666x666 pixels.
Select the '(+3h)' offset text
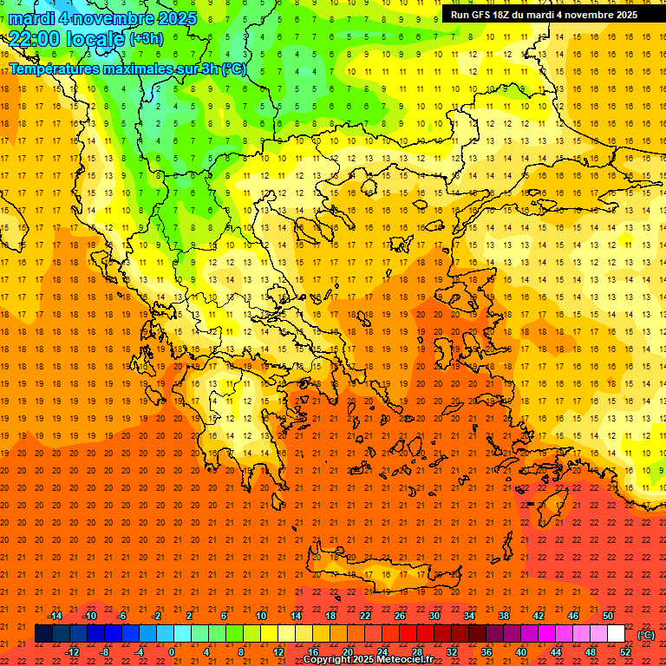click(146, 39)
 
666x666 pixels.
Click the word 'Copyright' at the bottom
click(327, 659)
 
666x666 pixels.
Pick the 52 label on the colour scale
click(625, 652)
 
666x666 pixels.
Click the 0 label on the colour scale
click(173, 652)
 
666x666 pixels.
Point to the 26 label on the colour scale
click(400, 616)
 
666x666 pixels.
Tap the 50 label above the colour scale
click(608, 616)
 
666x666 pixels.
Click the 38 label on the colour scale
click(504, 616)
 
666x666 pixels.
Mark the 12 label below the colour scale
click(278, 652)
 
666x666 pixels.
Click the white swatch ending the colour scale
click(616, 634)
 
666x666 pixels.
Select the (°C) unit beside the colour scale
click(646, 635)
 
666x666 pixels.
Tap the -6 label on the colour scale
click(122, 616)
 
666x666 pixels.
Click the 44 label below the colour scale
click(556, 652)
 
